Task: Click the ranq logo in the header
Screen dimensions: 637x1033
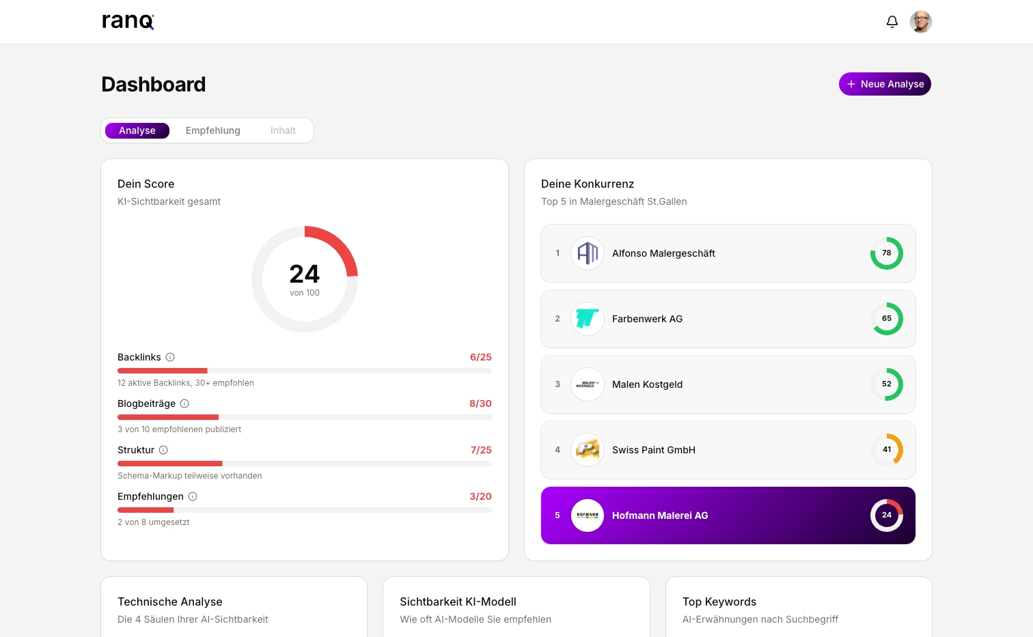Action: [x=128, y=21]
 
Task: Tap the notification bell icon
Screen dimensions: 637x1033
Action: [x=892, y=22]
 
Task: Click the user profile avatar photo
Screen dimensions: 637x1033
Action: [x=921, y=22]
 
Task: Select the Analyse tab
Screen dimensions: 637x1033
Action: [x=137, y=130]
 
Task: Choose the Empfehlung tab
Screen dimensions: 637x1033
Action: [x=212, y=130]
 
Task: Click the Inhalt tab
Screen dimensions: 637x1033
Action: [x=283, y=130]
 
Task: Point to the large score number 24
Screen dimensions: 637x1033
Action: [x=305, y=274]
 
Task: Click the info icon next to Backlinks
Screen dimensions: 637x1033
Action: [x=170, y=357]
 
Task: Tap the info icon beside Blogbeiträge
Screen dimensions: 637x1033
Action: [x=184, y=404]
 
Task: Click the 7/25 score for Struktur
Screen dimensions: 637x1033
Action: [x=481, y=450]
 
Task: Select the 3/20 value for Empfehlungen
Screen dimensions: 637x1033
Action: [x=480, y=496]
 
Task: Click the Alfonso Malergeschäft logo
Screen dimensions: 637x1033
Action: [x=588, y=253]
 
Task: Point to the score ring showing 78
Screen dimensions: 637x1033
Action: [x=886, y=253]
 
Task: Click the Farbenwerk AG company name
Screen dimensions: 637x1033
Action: [x=647, y=319]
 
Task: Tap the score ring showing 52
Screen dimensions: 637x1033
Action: [x=886, y=384]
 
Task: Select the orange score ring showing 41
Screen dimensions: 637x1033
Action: [x=886, y=450]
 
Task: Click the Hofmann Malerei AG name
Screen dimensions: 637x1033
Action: [x=660, y=515]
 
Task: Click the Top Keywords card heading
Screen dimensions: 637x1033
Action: [x=719, y=601]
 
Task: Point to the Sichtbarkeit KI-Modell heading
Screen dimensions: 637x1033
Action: [x=458, y=601]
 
